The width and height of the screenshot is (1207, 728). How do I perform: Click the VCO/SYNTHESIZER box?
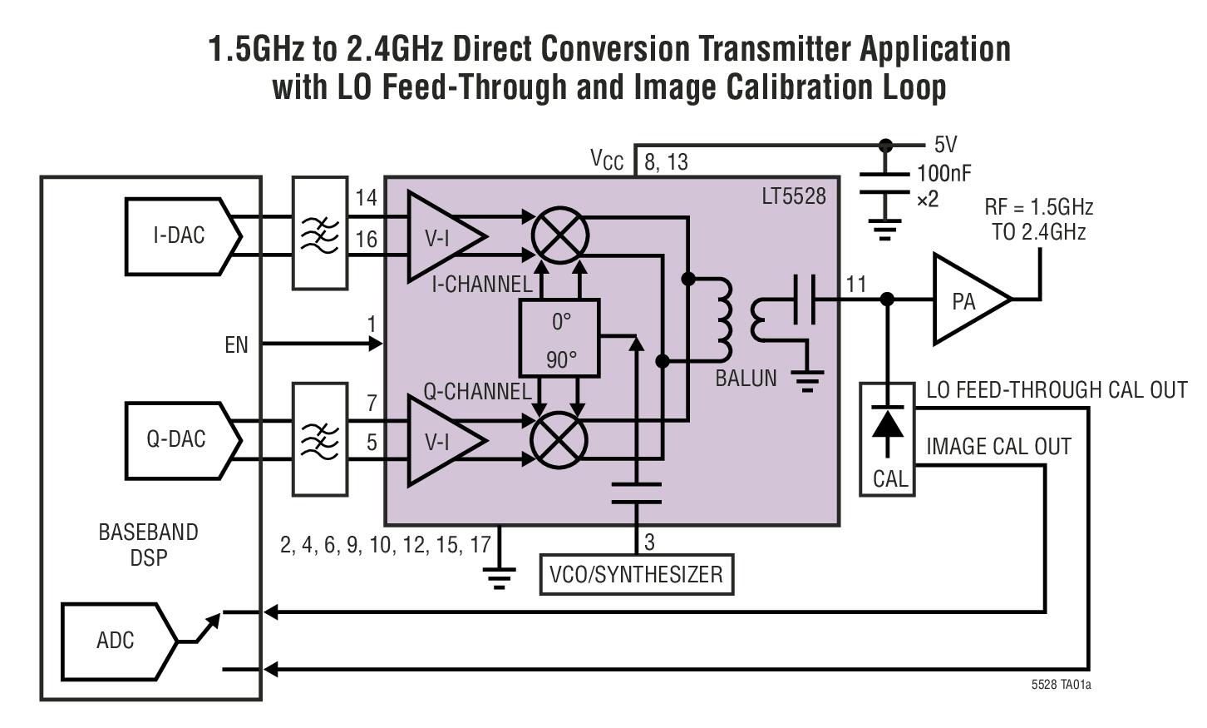[636, 575]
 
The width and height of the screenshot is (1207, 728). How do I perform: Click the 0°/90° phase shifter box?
[559, 339]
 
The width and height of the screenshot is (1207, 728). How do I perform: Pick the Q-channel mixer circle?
[559, 440]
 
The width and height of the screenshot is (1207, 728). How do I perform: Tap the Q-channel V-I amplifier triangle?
[441, 442]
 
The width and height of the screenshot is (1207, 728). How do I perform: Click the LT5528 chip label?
[794, 196]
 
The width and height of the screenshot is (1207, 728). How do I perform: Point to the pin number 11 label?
[856, 285]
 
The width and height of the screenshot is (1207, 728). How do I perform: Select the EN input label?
[236, 344]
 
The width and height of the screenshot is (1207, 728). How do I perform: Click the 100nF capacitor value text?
[943, 173]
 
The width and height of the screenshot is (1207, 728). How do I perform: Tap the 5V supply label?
[945, 145]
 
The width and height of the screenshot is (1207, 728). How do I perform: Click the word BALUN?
[746, 379]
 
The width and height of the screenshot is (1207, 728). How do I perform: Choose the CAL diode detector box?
[887, 439]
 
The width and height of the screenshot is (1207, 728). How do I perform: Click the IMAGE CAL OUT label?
[998, 447]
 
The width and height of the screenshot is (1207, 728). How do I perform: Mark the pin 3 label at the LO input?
[649, 542]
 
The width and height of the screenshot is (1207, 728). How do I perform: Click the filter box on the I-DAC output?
[320, 233]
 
